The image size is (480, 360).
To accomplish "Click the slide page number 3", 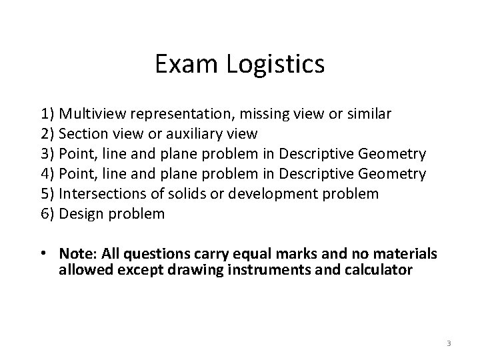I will (x=449, y=343).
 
